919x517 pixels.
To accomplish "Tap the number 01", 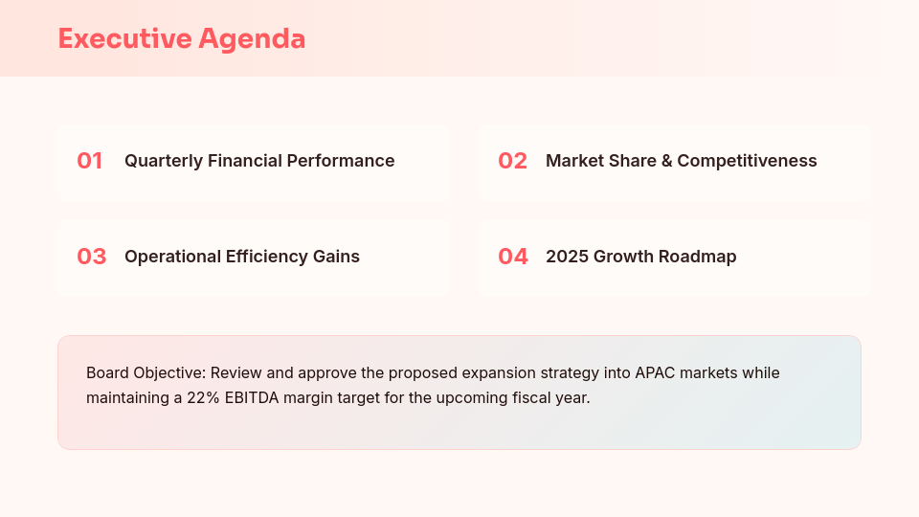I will [90, 161].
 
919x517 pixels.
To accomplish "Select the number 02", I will [512, 161].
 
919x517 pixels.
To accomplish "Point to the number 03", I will [91, 257].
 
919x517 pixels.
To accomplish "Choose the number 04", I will [512, 257].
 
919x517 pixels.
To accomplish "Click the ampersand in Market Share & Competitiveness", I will [665, 161].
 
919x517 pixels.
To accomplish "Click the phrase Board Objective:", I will [144, 372].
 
